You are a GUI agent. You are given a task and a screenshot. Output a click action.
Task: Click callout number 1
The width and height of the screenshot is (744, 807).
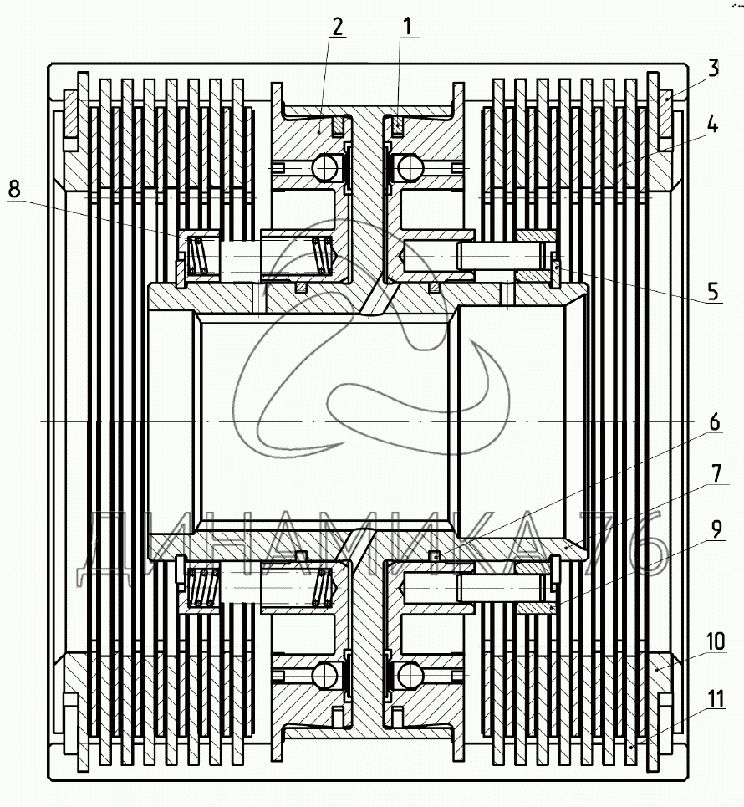[407, 26]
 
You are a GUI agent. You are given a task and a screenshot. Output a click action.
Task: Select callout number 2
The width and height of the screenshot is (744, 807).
[336, 26]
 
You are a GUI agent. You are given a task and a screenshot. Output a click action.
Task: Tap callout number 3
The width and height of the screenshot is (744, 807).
[712, 68]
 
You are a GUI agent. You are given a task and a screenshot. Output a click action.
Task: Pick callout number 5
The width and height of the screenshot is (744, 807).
[712, 292]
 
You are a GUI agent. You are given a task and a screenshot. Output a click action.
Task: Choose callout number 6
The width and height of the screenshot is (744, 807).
[712, 423]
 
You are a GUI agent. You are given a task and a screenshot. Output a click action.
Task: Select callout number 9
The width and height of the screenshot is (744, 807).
[712, 529]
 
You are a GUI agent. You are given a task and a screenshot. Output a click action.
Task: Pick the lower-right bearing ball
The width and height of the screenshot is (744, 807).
[411, 673]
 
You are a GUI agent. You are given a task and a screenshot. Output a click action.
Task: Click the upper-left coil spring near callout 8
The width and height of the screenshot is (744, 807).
[197, 255]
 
